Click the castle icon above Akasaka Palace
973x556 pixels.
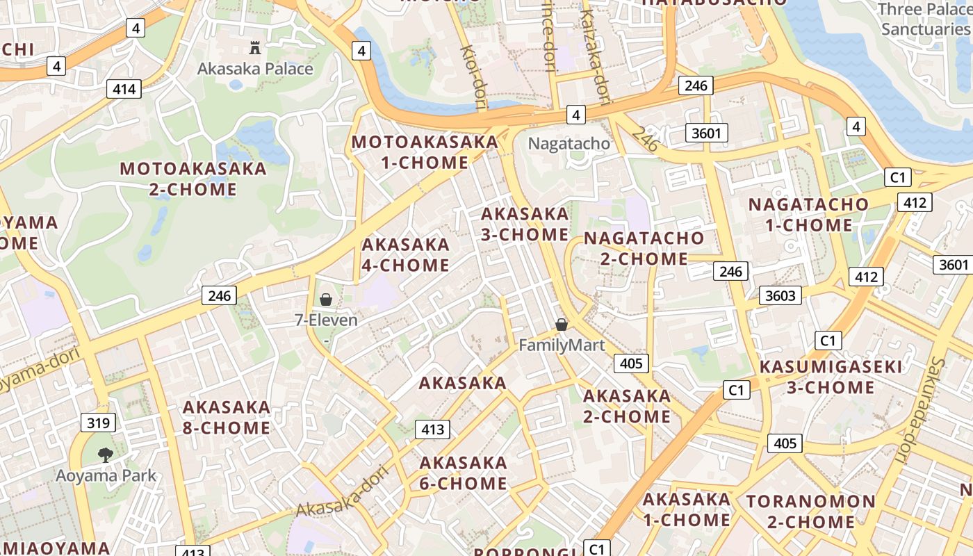point(255,48)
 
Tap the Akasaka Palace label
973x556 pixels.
point(255,69)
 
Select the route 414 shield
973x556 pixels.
point(124,89)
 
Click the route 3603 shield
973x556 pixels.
point(780,295)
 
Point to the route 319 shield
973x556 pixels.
point(98,423)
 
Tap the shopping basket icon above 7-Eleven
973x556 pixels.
point(326,300)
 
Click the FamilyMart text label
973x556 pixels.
point(562,345)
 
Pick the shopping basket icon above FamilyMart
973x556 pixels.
point(562,325)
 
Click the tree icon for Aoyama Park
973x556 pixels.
point(106,455)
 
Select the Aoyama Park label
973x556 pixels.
point(106,476)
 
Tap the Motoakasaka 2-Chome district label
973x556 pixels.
point(193,179)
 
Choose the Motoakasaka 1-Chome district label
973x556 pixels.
point(425,152)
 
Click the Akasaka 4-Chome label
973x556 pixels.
point(405,255)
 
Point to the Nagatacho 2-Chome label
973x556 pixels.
point(644,248)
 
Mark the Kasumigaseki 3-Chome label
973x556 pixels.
point(831,377)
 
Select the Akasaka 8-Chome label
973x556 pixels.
point(226,417)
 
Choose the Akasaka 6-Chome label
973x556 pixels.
point(464,473)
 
